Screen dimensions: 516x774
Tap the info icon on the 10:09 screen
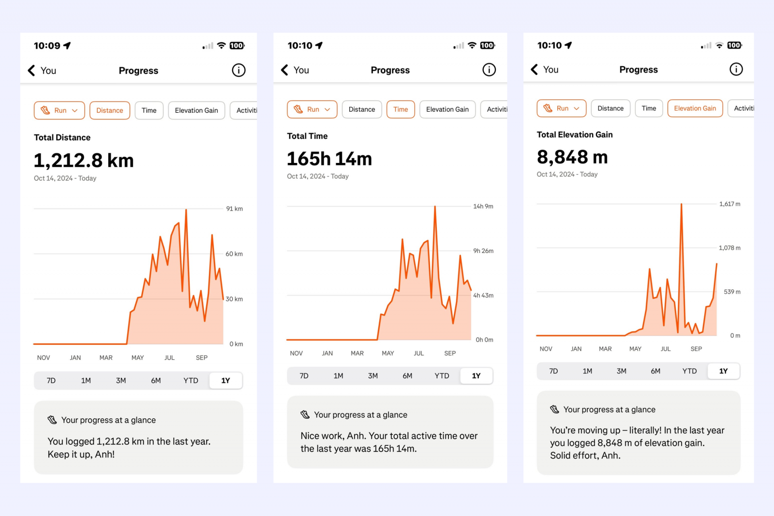238,71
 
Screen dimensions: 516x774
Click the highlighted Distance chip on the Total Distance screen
110,110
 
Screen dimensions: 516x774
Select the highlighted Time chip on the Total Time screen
401,109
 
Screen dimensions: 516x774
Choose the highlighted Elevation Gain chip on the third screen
695,108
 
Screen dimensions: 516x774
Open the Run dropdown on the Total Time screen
313,109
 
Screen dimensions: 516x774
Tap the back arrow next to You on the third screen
535,70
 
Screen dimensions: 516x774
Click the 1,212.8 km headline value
84,161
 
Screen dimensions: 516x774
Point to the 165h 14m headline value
329,159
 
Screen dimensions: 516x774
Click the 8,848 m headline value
572,157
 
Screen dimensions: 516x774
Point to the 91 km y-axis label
235,209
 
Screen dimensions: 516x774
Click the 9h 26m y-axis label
483,251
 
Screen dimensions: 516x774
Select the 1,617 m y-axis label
729,204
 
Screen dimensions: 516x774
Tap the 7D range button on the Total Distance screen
51,381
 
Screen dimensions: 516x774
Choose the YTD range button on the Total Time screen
442,376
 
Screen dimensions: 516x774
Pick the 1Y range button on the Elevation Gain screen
723,371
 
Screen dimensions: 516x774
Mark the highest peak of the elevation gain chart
682,205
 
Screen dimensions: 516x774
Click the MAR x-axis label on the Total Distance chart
106,358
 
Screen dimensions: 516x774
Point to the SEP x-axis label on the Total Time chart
450,354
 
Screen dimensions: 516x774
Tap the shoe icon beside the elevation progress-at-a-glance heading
554,410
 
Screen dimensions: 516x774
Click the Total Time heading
307,136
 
